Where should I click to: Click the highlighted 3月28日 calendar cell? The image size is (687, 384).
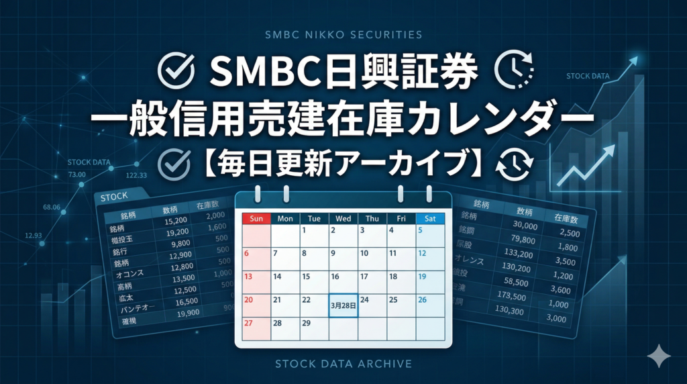[343, 305]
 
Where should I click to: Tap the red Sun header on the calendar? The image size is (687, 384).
[256, 218]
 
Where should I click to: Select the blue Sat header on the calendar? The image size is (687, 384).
[429, 218]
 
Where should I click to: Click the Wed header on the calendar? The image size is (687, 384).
[343, 218]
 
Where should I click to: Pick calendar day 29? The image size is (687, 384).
[306, 323]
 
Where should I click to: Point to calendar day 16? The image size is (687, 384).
[335, 277]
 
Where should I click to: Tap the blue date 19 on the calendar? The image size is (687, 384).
[423, 277]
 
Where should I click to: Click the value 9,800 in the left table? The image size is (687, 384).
[165, 244]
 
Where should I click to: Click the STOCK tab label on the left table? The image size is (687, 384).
[113, 197]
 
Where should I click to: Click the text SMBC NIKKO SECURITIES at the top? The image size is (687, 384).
[343, 34]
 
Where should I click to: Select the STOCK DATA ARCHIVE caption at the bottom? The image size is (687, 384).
[343, 364]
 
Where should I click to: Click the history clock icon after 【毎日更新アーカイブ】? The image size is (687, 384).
[516, 164]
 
